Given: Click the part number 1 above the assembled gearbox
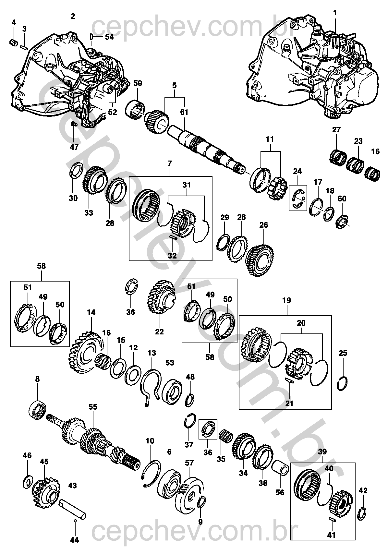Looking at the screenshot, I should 335,13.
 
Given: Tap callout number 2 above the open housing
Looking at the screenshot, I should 73,16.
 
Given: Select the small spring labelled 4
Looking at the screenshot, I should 14,42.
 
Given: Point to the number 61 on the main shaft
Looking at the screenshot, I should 184,112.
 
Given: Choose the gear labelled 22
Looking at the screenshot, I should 161,297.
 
